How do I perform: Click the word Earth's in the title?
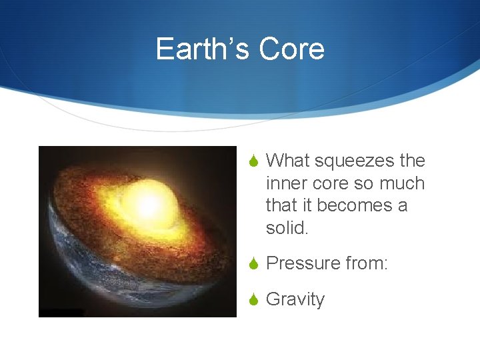(x=202, y=49)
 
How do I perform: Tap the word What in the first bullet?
(x=287, y=161)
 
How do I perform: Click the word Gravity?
(x=295, y=299)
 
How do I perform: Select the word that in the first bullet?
(x=280, y=205)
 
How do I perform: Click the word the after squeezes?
(x=412, y=161)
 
